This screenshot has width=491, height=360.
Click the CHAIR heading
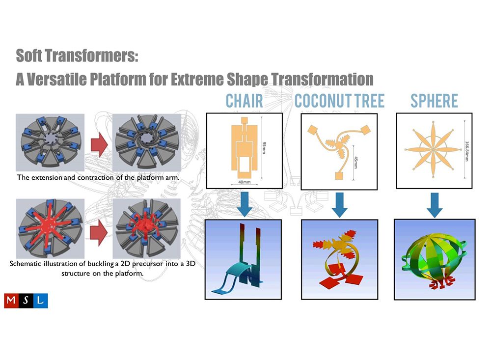pyautogui.click(x=244, y=101)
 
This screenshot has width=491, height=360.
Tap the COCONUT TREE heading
pyautogui.click(x=339, y=101)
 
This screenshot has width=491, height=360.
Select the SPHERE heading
pyautogui.click(x=434, y=101)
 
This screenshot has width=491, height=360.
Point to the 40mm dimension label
pyautogui.click(x=245, y=182)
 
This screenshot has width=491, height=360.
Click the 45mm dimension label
pyautogui.click(x=355, y=162)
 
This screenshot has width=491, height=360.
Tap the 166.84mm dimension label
pyautogui.click(x=466, y=151)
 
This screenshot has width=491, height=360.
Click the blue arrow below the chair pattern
pyautogui.click(x=245, y=204)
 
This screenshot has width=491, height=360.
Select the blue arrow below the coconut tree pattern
pyautogui.click(x=340, y=205)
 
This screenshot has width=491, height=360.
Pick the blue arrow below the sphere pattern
pyautogui.click(x=435, y=205)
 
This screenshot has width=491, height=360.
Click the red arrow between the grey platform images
pyautogui.click(x=100, y=144)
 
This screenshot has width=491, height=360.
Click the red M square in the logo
pyautogui.click(x=11, y=301)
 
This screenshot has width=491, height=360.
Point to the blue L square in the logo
pyautogui.click(x=40, y=301)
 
